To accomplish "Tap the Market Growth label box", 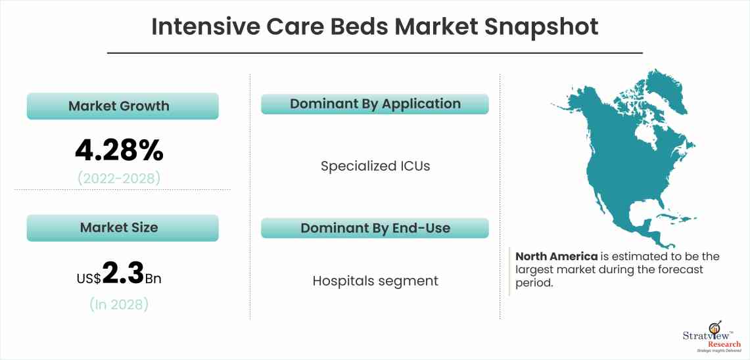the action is tap(122, 106).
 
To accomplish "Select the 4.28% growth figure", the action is tap(119, 150).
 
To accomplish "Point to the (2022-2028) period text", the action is tap(119, 178).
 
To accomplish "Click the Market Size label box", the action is tap(122, 227).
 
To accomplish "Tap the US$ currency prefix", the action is tap(89, 279).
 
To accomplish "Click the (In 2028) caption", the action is tap(119, 304).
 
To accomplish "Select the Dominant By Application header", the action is tap(375, 104).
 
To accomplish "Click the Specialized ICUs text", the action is tap(375, 166).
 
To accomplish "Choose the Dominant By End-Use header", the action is tap(375, 228).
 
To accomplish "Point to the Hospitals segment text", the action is tap(375, 281).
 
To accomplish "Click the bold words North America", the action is tap(556, 256).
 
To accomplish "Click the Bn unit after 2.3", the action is tap(153, 279).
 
